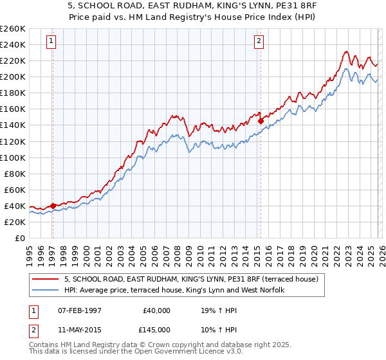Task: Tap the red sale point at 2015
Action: [x=261, y=120]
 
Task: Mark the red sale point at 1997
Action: [x=53, y=206]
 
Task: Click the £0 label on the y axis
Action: [x=21, y=238]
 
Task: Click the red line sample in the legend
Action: [x=46, y=279]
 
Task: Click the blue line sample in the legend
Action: [x=46, y=290]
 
